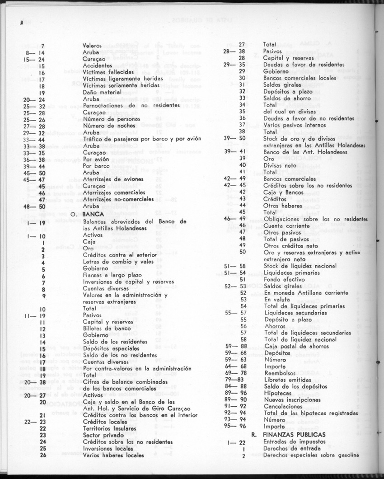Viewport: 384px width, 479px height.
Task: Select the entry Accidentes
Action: coord(97,66)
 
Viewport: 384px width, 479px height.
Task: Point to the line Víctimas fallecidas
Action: coord(107,72)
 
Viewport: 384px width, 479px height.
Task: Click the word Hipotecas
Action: coord(277,393)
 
